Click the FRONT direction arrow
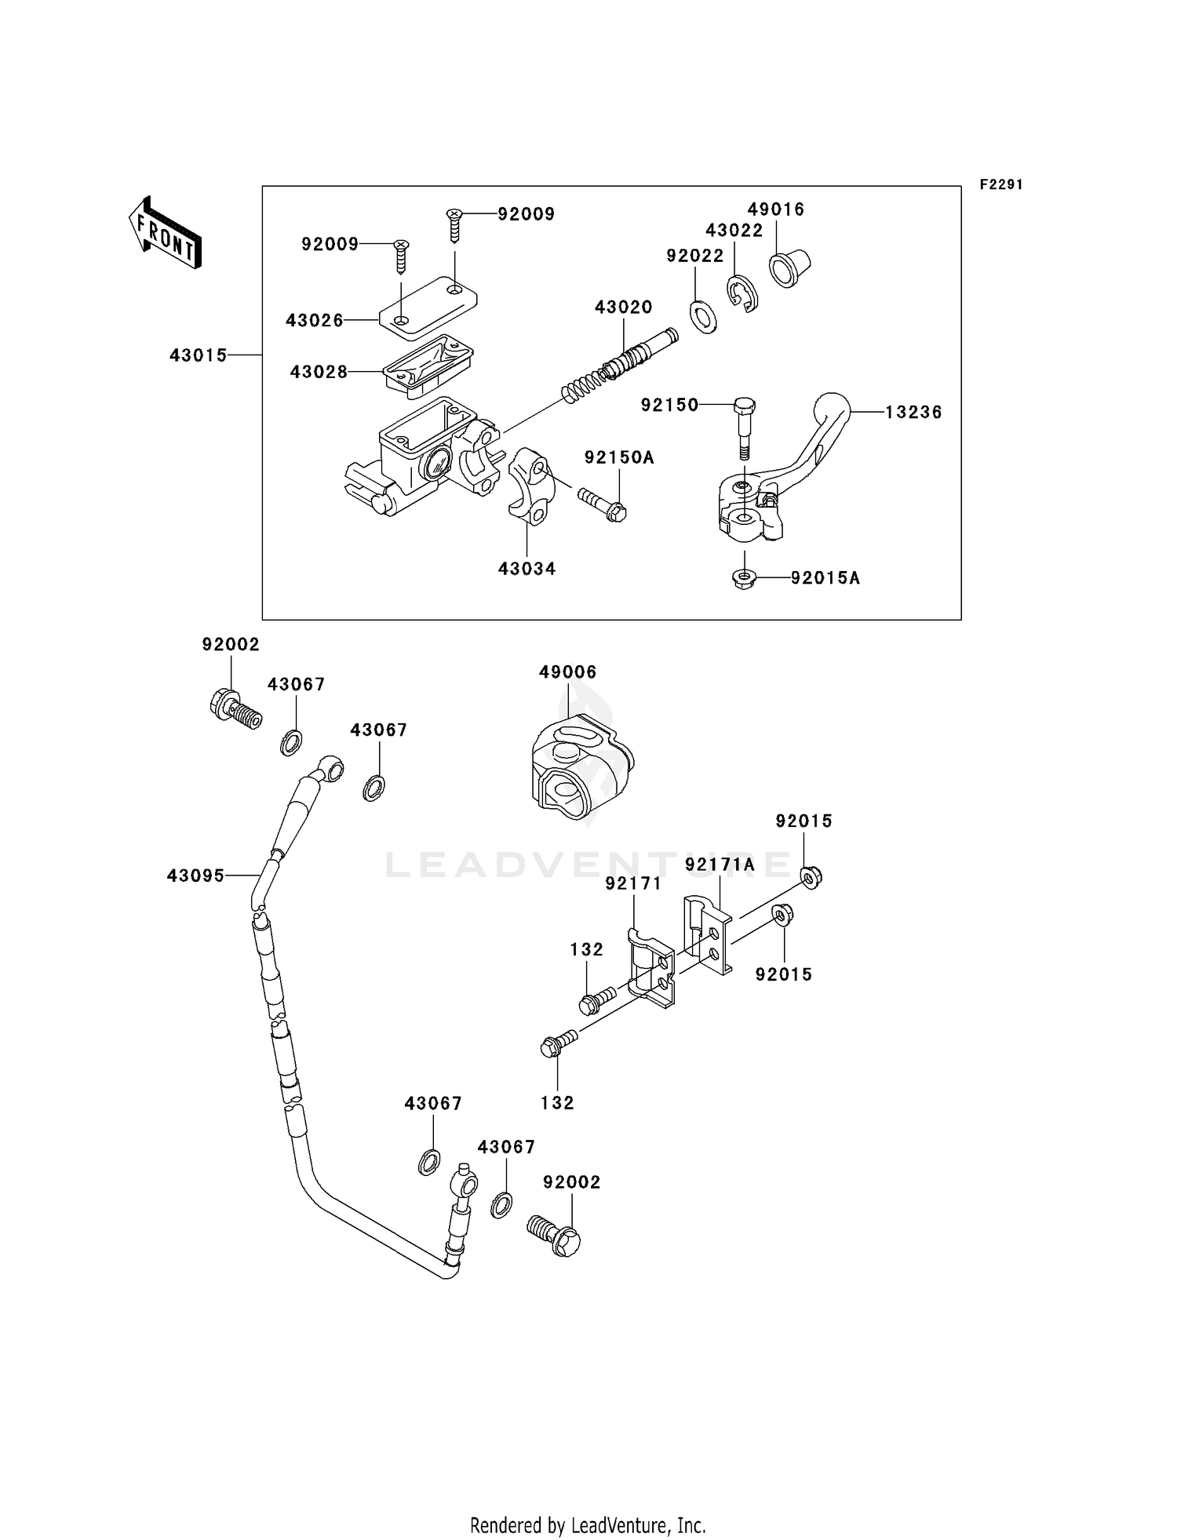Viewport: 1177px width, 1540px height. (165, 234)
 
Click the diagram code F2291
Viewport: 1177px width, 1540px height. (1000, 184)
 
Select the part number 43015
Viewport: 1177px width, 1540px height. (198, 355)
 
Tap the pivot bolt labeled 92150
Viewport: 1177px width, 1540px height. (745, 428)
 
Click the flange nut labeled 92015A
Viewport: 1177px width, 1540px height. (742, 579)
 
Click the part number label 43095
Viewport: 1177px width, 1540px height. (195, 875)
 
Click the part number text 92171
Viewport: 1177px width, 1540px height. (633, 883)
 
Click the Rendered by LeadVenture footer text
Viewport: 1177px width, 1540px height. (588, 1525)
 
